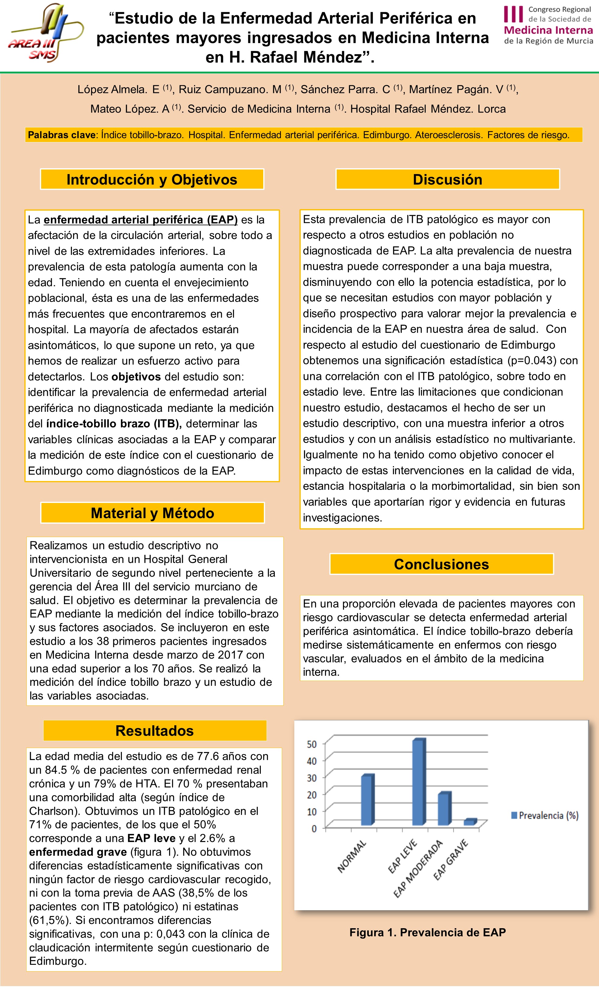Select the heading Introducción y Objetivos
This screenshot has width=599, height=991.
click(152, 179)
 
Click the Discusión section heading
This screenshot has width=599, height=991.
click(448, 179)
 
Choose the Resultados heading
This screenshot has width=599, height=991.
click(155, 730)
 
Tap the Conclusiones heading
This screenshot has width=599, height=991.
click(441, 564)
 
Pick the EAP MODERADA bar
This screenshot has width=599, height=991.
click(444, 809)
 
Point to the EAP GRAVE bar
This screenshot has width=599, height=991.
click(470, 822)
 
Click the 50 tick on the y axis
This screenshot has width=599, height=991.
click(312, 744)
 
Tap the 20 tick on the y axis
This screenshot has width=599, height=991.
click(312, 795)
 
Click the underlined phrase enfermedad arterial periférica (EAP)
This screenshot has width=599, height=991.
click(141, 219)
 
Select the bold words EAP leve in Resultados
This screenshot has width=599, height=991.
click(151, 838)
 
